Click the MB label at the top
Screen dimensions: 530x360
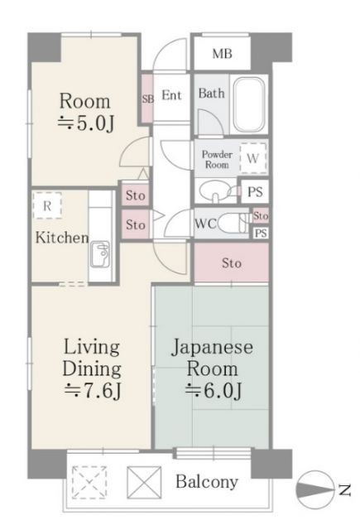[221, 55]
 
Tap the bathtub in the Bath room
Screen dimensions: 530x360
[247, 105]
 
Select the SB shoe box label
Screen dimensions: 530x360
[147, 98]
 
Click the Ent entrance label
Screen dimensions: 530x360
[171, 95]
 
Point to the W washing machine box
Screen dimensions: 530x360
[253, 157]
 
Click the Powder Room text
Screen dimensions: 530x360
[217, 158]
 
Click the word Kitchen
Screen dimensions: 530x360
[61, 238]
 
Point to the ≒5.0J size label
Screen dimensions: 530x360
[84, 123]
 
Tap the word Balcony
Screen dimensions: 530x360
[206, 482]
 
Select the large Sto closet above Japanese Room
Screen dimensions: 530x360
[231, 264]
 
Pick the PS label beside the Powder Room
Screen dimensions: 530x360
[256, 192]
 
